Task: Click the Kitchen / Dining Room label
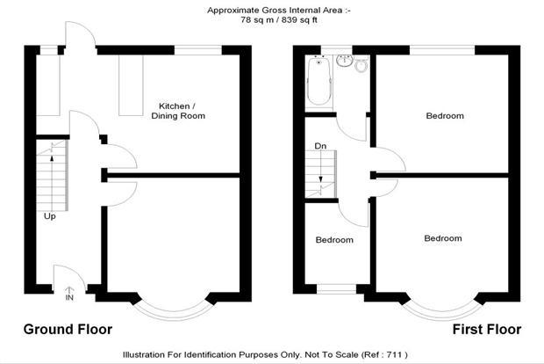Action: coord(178,111)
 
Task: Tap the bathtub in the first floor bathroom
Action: coord(319,82)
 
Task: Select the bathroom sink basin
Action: coord(345,61)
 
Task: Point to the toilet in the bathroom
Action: coord(361,65)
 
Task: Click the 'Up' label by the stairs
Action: coord(50,216)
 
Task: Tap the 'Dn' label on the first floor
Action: coord(320,146)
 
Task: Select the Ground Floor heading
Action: coord(68,329)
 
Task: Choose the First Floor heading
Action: coord(487,329)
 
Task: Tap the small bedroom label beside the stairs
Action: coord(334,240)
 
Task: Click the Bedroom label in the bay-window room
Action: coord(443,238)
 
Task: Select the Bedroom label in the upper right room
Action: coord(445,116)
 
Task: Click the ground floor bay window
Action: coord(174,315)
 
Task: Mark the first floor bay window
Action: coord(442,315)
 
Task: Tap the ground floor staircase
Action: coord(52,176)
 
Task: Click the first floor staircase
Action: coord(321,174)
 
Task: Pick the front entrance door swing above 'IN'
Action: coord(69,277)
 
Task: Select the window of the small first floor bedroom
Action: coord(336,289)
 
